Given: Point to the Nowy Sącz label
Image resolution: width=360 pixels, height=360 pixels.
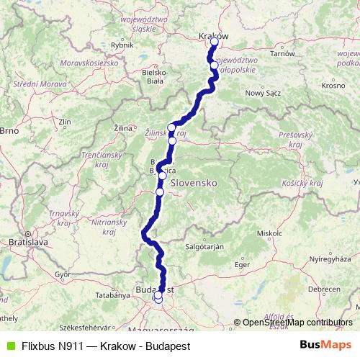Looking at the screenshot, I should pyautogui.click(x=262, y=93).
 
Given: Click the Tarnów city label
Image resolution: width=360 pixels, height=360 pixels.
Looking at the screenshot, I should pyautogui.click(x=282, y=53).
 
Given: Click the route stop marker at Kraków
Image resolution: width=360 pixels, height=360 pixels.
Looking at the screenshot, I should pyautogui.click(x=214, y=42).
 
